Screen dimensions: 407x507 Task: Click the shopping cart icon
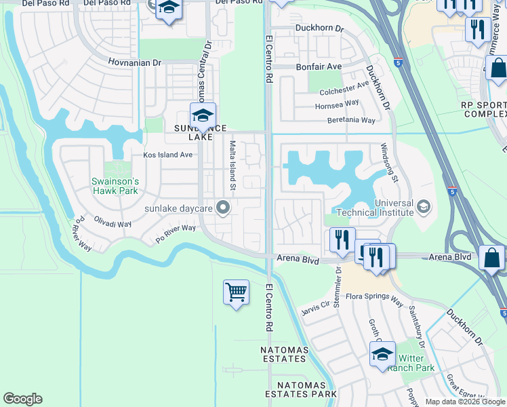point(236,293)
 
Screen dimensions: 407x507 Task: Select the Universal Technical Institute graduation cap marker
point(424,206)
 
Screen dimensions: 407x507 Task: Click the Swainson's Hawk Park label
point(116,187)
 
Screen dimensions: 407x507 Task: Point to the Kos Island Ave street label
point(167,155)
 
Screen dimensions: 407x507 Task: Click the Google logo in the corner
point(22,399)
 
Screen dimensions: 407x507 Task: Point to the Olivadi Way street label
point(113,223)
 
